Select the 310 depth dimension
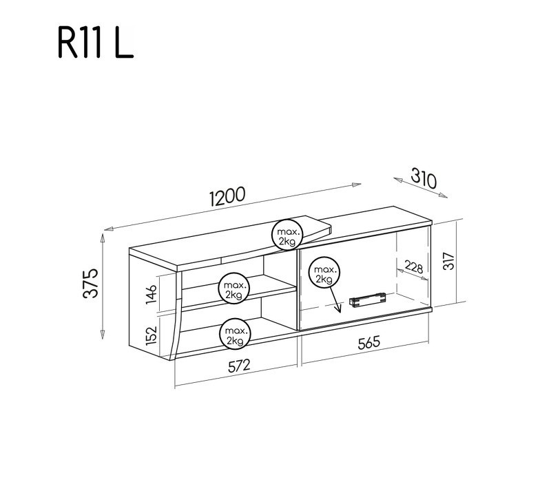[x=423, y=178]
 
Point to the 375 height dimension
[x=90, y=282]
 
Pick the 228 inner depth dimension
[x=413, y=266]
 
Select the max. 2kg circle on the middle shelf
[x=232, y=289]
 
